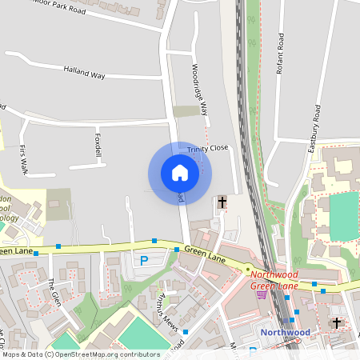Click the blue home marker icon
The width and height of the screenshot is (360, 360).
click(x=179, y=172)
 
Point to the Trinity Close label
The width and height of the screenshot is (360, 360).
click(x=208, y=149)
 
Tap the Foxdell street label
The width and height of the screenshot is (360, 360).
click(x=98, y=143)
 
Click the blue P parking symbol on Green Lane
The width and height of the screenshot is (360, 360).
click(x=144, y=260)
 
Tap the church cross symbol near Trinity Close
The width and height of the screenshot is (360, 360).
click(x=222, y=202)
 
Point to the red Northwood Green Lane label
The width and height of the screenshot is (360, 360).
click(x=274, y=281)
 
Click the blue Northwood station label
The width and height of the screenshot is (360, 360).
click(x=285, y=332)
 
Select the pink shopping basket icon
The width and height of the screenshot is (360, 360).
click(x=261, y=294)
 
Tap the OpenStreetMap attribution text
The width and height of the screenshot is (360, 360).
click(x=80, y=354)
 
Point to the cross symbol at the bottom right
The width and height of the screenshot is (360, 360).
click(x=337, y=322)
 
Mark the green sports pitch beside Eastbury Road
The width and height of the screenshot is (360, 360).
click(x=344, y=216)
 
